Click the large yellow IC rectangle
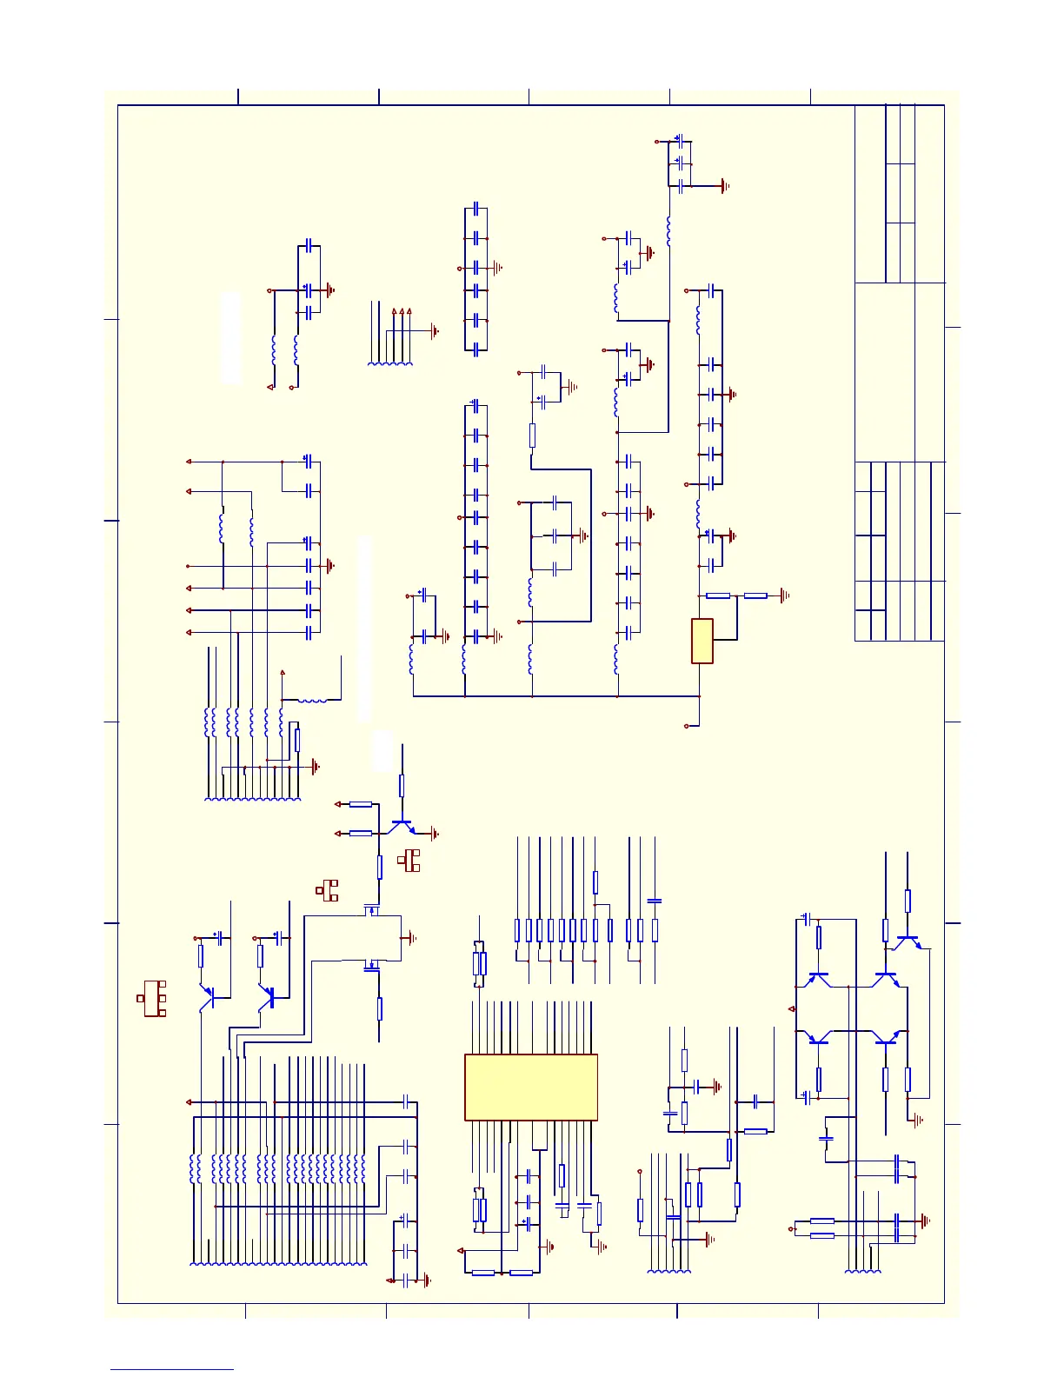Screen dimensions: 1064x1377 (530, 1087)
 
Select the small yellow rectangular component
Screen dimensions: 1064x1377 (702, 641)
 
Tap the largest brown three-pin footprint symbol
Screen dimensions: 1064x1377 (154, 998)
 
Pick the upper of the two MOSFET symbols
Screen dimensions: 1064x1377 (371, 910)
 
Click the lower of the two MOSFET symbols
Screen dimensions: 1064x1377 (371, 965)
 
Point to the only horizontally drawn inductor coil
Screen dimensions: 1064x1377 (312, 700)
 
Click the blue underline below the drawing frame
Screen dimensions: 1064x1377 (171, 1369)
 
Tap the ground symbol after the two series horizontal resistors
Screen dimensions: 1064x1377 (784, 595)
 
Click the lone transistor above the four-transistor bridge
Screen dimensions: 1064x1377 (908, 941)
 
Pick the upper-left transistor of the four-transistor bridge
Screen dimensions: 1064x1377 (817, 979)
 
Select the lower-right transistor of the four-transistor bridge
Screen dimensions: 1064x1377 (887, 1036)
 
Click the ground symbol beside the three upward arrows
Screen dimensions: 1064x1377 (434, 331)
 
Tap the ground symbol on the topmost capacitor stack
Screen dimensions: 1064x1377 (723, 185)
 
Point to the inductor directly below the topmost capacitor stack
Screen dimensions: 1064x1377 (668, 231)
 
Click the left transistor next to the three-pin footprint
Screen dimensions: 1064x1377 (207, 998)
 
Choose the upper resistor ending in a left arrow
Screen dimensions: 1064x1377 (360, 804)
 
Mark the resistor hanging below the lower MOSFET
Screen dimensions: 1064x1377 (380, 1008)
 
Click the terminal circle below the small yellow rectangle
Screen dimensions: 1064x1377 (687, 725)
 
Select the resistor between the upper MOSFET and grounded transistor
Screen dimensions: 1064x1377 (380, 867)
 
